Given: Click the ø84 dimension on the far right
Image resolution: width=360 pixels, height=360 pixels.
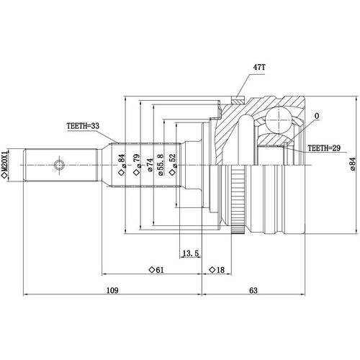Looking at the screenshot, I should click(352, 166).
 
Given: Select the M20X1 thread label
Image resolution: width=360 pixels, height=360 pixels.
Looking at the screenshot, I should click(6, 165).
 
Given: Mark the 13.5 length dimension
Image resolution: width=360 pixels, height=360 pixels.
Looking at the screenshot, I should click(192, 253).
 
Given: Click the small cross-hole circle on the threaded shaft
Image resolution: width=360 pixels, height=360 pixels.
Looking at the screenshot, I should click(59, 165).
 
